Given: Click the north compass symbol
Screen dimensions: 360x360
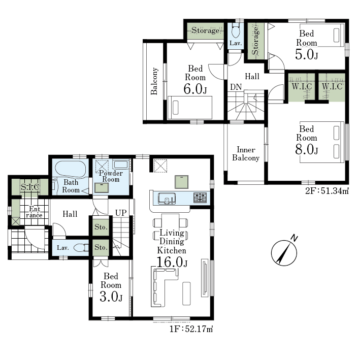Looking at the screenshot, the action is (x=284, y=252).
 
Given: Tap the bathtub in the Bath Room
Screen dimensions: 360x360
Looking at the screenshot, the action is (x=71, y=169).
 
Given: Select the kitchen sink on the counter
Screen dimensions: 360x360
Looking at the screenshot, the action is (x=167, y=199).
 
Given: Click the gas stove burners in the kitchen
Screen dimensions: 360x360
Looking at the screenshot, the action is (x=200, y=198).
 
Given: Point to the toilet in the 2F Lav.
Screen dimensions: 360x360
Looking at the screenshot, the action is (x=236, y=31).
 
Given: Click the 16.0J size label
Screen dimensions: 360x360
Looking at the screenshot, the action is (x=172, y=262).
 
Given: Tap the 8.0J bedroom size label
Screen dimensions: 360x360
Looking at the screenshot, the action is (x=307, y=149).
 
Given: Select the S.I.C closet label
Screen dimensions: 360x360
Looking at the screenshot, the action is (x=30, y=187).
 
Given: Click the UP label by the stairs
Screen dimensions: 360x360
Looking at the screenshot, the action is (x=121, y=213).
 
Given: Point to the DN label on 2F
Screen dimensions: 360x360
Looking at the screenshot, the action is (x=236, y=87).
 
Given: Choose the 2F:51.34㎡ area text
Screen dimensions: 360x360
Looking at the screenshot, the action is (x=327, y=191).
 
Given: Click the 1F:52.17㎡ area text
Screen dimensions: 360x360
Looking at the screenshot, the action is (x=191, y=329).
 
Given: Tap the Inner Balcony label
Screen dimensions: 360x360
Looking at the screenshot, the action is (x=246, y=154).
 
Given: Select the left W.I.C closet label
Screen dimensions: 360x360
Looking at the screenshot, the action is (x=302, y=86).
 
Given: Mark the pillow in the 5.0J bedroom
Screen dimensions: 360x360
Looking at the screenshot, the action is (x=336, y=35).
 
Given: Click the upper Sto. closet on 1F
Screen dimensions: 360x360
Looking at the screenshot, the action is (x=101, y=226).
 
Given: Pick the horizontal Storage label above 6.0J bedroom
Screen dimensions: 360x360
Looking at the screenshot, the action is (x=205, y=30).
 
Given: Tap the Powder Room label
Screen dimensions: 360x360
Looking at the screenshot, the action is (x=111, y=176).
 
